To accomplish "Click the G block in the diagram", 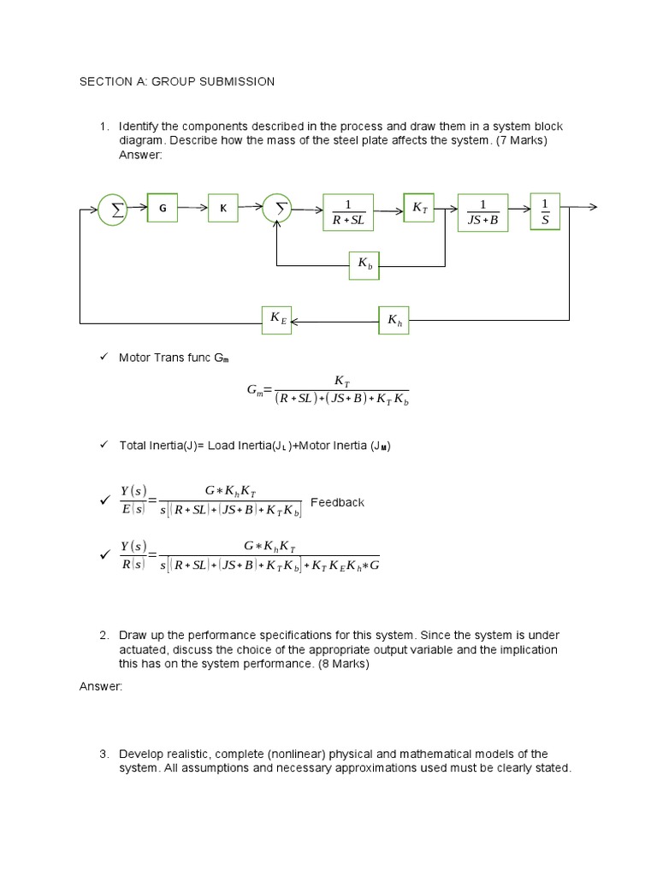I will pyautogui.click(x=163, y=208).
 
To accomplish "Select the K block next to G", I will pyautogui.click(x=223, y=208).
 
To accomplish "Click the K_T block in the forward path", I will pyautogui.click(x=419, y=207).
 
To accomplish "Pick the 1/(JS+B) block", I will pyautogui.click(x=483, y=213).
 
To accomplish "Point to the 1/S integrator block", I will pyautogui.click(x=545, y=212).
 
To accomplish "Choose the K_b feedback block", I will pyautogui.click(x=365, y=266).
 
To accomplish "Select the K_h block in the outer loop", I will pyautogui.click(x=394, y=320).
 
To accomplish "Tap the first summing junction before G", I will pyautogui.click(x=112, y=208).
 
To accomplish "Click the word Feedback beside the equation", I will pyautogui.click(x=337, y=502).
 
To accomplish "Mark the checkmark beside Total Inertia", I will pyautogui.click(x=104, y=444).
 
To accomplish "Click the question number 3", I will pyautogui.click(x=104, y=754).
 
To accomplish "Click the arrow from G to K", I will pyautogui.click(x=192, y=208).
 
